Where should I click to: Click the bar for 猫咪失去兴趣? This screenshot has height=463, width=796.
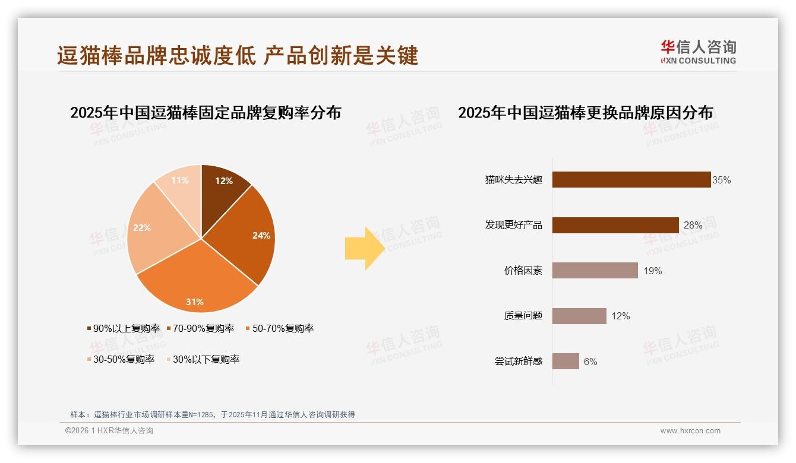click(631, 179)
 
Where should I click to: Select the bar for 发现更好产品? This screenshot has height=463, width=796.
click(615, 225)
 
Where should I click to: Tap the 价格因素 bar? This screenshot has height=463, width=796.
click(595, 271)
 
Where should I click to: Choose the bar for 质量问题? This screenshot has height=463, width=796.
click(579, 316)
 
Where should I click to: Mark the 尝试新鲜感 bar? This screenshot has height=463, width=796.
click(565, 361)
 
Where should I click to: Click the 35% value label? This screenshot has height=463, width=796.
click(722, 180)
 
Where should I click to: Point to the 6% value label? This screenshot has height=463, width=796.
click(590, 361)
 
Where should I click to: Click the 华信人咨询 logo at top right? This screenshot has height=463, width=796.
click(698, 52)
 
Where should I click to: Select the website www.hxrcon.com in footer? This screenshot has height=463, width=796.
click(690, 431)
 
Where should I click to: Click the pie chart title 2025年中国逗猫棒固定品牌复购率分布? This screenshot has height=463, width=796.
click(206, 113)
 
